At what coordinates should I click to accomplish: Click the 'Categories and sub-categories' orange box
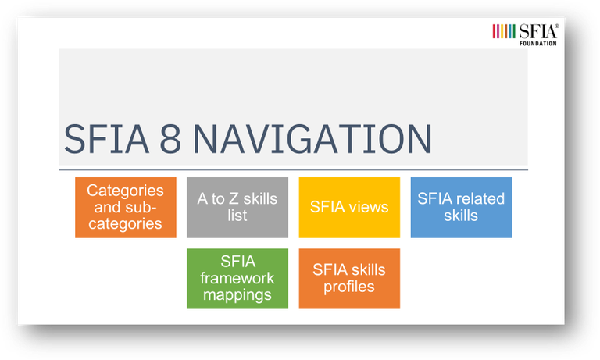(126, 208)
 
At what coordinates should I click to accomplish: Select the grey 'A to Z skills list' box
(237, 208)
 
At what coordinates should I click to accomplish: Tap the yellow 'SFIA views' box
(349, 208)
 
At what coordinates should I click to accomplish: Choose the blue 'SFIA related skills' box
(461, 208)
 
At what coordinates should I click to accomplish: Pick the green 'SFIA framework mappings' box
(237, 279)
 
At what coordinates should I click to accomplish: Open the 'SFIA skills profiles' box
(349, 279)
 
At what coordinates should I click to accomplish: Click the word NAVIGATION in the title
(312, 139)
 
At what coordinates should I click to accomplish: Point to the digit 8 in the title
(170, 139)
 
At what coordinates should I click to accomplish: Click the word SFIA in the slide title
(106, 139)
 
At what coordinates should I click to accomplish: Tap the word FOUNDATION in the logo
(538, 44)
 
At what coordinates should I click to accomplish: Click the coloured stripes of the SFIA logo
(504, 31)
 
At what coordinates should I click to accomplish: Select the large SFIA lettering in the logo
(538, 31)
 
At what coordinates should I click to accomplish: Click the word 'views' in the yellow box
(369, 207)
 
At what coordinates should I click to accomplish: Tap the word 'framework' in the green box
(237, 278)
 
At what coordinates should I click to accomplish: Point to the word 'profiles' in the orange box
(349, 287)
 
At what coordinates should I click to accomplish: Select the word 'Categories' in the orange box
(125, 191)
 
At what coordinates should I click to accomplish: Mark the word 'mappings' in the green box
(237, 295)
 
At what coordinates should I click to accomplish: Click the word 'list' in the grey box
(237, 216)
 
